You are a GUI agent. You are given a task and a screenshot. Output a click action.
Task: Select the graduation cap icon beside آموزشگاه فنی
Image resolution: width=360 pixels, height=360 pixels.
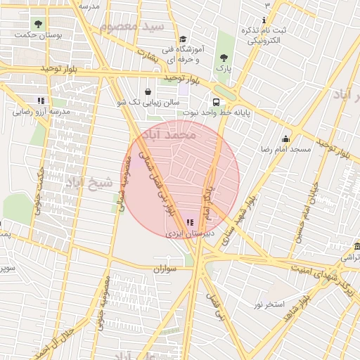(x=183, y=39)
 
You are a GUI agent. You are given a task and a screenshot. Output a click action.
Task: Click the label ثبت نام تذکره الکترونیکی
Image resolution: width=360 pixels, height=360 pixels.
(x=261, y=35)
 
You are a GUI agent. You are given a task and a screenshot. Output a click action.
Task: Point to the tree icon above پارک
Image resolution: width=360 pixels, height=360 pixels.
(x=224, y=58)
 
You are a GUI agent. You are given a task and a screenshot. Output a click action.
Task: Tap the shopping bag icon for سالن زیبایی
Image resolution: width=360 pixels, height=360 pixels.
(x=147, y=91)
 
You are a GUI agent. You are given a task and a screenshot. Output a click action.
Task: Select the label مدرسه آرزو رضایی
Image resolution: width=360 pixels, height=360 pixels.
(x=41, y=111)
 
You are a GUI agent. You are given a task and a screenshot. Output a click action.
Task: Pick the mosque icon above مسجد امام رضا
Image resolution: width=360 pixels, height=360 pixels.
(x=285, y=139)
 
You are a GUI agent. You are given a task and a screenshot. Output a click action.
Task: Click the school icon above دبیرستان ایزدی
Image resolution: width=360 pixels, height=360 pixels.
(x=190, y=221)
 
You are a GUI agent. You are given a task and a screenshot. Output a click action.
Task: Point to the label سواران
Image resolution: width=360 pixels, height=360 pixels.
(x=162, y=269)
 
